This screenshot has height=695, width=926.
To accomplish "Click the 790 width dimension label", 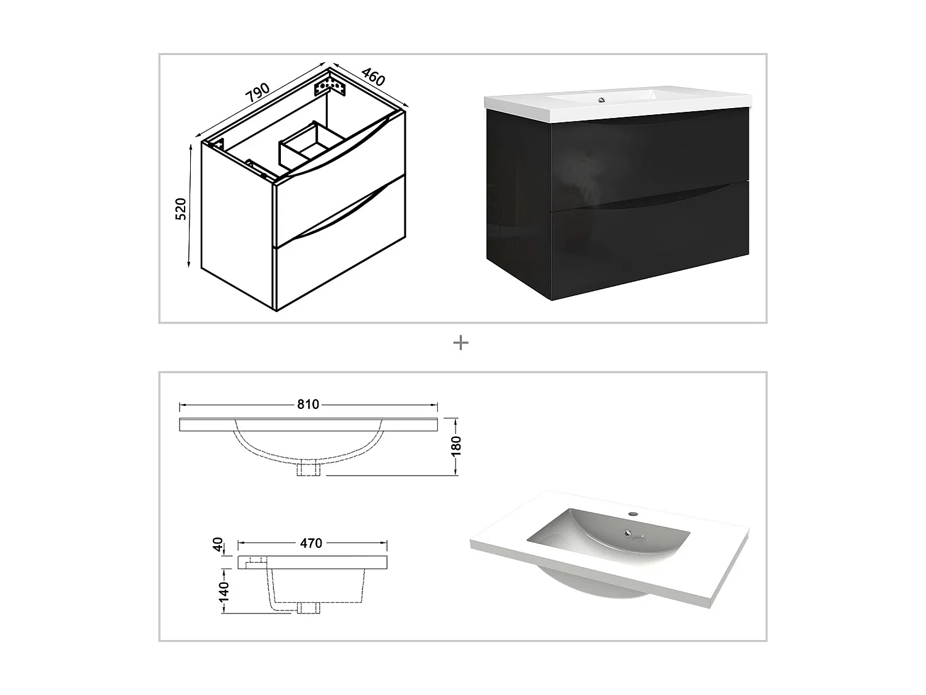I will [x=257, y=93].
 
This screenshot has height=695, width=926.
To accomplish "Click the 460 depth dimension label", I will [x=373, y=77].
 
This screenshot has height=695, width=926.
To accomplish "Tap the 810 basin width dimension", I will [x=308, y=405].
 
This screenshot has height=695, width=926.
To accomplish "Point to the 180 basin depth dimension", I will [x=456, y=445].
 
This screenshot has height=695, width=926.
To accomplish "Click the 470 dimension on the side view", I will [x=311, y=543].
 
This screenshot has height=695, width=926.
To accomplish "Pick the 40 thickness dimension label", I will [x=217, y=544].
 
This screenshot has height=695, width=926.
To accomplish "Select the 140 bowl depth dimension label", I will [x=223, y=591].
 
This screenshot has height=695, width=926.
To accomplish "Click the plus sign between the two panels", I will [x=461, y=343].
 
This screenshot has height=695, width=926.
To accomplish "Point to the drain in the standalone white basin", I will [x=628, y=533].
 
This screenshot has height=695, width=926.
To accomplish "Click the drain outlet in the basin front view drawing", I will [x=307, y=469].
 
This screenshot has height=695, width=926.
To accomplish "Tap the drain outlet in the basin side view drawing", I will [x=307, y=607].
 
